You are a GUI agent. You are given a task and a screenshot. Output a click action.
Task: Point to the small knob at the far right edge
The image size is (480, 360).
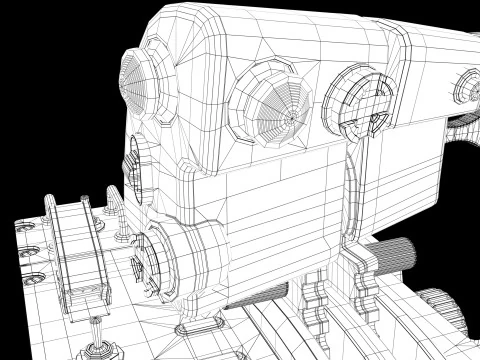tap(466, 89)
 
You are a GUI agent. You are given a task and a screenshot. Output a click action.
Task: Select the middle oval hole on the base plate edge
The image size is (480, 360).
tap(30, 249)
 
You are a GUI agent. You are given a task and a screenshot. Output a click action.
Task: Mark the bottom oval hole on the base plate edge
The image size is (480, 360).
tap(37, 273)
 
